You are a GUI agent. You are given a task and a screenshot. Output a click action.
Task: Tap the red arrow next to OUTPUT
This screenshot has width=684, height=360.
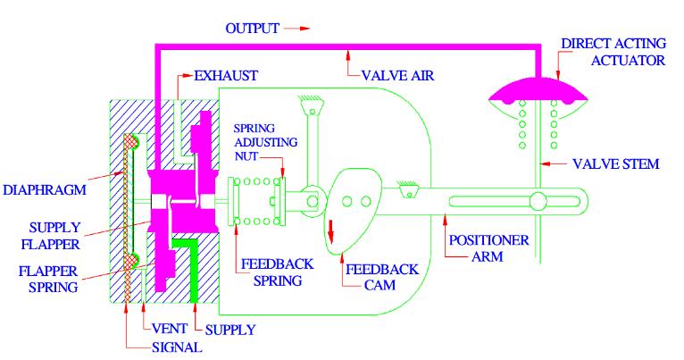[296, 29]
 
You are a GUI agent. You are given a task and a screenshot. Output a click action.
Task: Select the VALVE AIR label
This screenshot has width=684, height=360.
[396, 77]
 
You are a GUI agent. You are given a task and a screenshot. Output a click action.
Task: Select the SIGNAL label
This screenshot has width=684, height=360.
[176, 347]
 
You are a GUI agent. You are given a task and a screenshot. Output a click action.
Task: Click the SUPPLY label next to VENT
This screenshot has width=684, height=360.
[231, 330]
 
